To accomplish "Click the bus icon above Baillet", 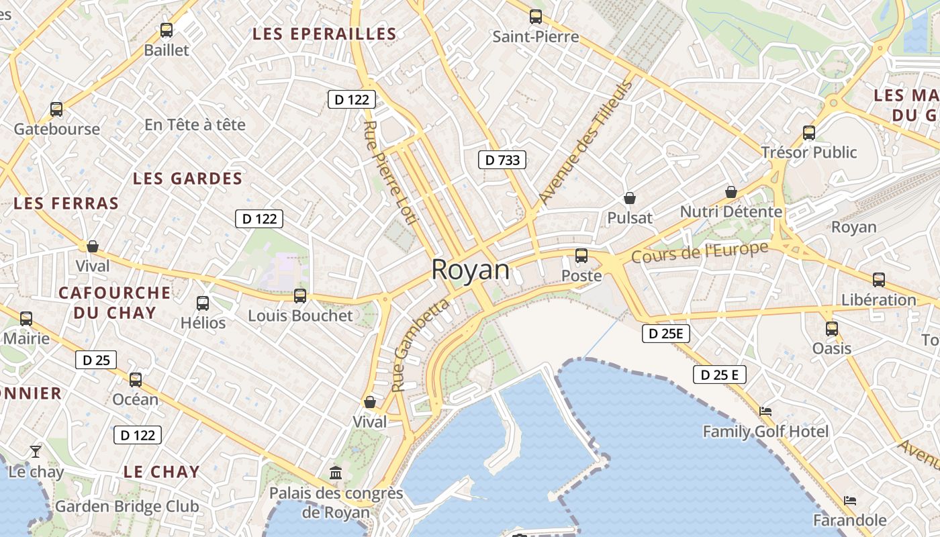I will [x=167, y=30].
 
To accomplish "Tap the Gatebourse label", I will [x=56, y=129].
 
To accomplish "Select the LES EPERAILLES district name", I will [x=324, y=34].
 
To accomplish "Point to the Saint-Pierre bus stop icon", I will [x=535, y=17].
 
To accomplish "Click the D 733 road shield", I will [x=502, y=160].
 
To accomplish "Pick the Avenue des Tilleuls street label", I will [x=585, y=143].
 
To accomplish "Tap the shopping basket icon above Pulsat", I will [x=630, y=198].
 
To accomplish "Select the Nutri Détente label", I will [x=731, y=212].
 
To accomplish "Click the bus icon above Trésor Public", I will [x=809, y=132].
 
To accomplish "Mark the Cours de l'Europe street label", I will [x=700, y=252].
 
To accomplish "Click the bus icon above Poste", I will [x=581, y=256].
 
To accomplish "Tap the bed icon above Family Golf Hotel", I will [x=765, y=411].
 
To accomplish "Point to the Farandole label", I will [x=849, y=520].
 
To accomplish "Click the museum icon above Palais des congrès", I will [x=336, y=473].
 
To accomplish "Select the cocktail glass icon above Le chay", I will [x=36, y=451].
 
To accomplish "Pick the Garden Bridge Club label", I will [x=127, y=506].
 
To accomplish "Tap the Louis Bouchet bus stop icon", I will [x=300, y=295].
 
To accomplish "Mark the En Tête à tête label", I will [x=195, y=125].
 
